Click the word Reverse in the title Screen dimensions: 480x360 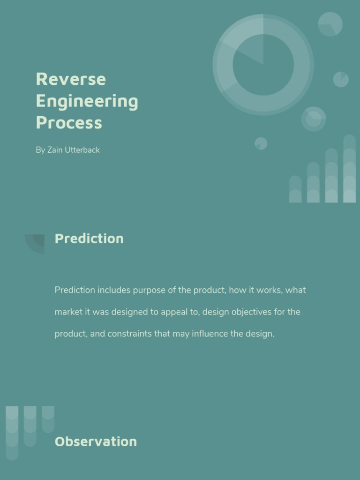click(x=71, y=79)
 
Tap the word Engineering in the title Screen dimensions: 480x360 click(x=87, y=101)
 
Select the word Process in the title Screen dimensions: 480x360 click(x=69, y=123)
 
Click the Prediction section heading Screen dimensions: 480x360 click(x=89, y=239)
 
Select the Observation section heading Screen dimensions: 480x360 click(x=96, y=442)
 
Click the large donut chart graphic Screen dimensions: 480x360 click(x=263, y=65)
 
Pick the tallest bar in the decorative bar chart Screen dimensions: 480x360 click(x=349, y=169)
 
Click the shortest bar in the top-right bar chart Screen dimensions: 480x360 click(x=295, y=189)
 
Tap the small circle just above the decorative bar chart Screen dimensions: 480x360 click(x=261, y=143)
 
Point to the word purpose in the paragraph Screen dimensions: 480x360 click(x=149, y=290)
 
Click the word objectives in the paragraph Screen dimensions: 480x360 click(x=252, y=312)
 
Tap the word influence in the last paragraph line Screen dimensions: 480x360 click(x=210, y=334)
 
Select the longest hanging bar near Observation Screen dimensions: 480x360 click(x=12, y=433)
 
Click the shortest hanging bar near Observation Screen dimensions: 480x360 click(x=48, y=419)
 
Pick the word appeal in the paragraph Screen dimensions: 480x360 click(x=174, y=312)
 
